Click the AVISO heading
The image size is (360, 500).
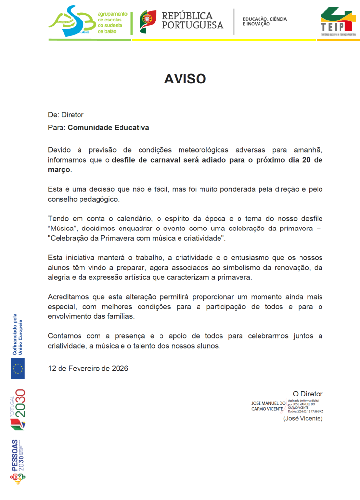[185, 79]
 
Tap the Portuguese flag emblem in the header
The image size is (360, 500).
[148, 21]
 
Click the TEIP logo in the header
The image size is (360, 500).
[336, 22]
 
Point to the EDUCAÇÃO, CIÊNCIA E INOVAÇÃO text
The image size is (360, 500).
[265, 21]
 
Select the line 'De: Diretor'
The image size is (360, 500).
[66, 115]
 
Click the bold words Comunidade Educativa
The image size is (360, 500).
[108, 128]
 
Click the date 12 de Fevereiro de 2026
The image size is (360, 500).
[88, 368]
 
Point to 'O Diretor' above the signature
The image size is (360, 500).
[307, 394]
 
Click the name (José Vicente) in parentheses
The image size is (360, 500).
[303, 418]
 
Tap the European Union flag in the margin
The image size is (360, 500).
[18, 368]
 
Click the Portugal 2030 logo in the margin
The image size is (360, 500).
[18, 409]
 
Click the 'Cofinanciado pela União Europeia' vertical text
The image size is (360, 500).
[17, 334]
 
